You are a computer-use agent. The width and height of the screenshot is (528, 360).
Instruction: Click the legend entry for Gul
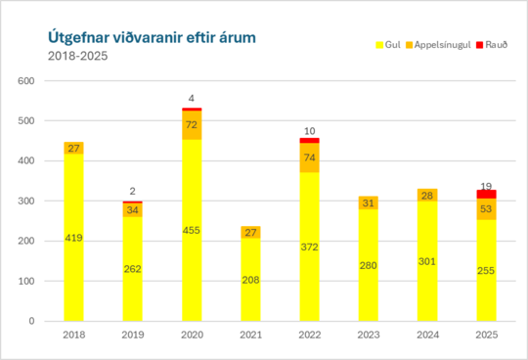point(390,45)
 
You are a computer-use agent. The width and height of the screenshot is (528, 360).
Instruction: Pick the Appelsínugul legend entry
point(443,45)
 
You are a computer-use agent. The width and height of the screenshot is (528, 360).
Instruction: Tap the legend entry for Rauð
point(496,45)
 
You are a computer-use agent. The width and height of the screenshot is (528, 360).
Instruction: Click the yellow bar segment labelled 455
point(193,230)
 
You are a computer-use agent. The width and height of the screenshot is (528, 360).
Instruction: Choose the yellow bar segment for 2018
point(73,237)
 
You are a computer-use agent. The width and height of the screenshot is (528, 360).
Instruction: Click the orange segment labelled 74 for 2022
point(309,157)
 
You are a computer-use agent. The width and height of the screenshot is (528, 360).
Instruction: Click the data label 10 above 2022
point(309,130)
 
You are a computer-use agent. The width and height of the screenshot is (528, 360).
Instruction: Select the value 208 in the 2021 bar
point(250,280)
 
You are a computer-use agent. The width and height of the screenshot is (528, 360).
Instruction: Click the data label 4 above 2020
point(193,98)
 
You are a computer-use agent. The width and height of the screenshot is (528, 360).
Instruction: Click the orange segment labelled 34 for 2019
point(134,210)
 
